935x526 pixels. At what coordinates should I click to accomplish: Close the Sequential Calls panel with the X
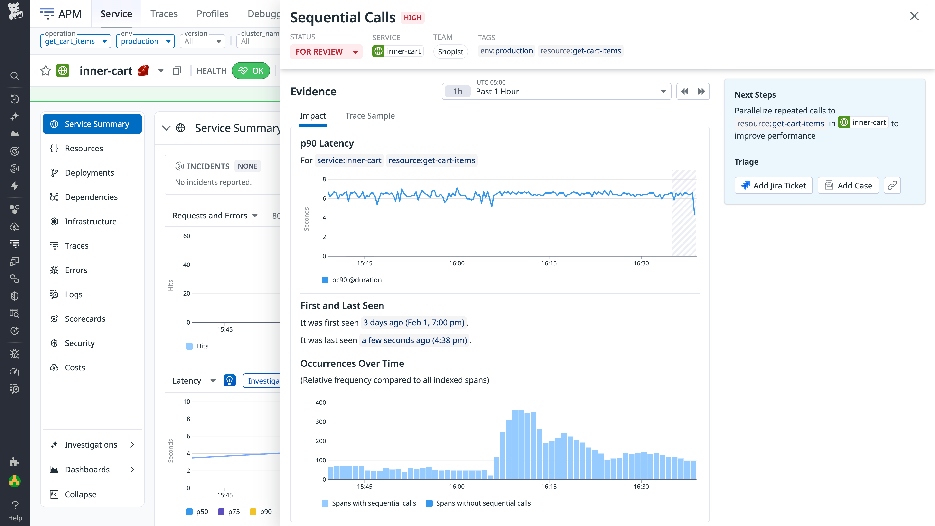point(914,16)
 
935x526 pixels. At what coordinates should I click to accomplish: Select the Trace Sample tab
point(370,116)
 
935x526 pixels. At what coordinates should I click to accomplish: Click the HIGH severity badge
point(412,18)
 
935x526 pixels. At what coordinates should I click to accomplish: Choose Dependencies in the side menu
point(91,197)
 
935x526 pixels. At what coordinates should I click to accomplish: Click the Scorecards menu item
point(85,319)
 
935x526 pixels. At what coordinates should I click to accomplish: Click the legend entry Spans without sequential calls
point(483,503)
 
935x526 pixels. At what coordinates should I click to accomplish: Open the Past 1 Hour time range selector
point(556,92)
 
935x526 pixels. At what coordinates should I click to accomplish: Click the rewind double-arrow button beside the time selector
point(684,92)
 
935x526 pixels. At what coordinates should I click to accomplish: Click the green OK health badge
point(251,71)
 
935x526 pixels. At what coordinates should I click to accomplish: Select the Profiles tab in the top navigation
point(212,14)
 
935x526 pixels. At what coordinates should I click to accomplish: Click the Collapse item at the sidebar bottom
point(80,494)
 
